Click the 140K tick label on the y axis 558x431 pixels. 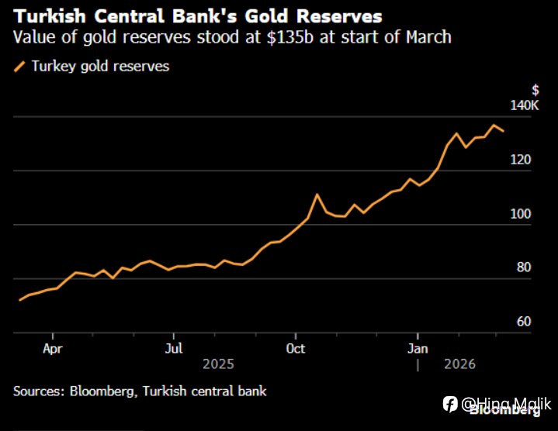click(x=525, y=105)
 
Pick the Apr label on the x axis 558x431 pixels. click(x=53, y=348)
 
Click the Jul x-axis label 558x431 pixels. click(x=174, y=348)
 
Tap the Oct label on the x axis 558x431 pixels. click(x=296, y=348)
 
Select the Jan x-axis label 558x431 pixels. click(x=418, y=348)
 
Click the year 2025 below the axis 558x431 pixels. click(x=217, y=364)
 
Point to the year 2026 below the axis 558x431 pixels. click(x=460, y=364)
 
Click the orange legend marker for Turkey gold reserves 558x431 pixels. click(x=20, y=67)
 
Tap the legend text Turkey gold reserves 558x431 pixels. click(x=100, y=67)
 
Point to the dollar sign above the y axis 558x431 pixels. click(x=535, y=90)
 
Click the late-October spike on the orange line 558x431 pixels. click(x=317, y=195)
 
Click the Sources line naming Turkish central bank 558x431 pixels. click(x=140, y=391)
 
